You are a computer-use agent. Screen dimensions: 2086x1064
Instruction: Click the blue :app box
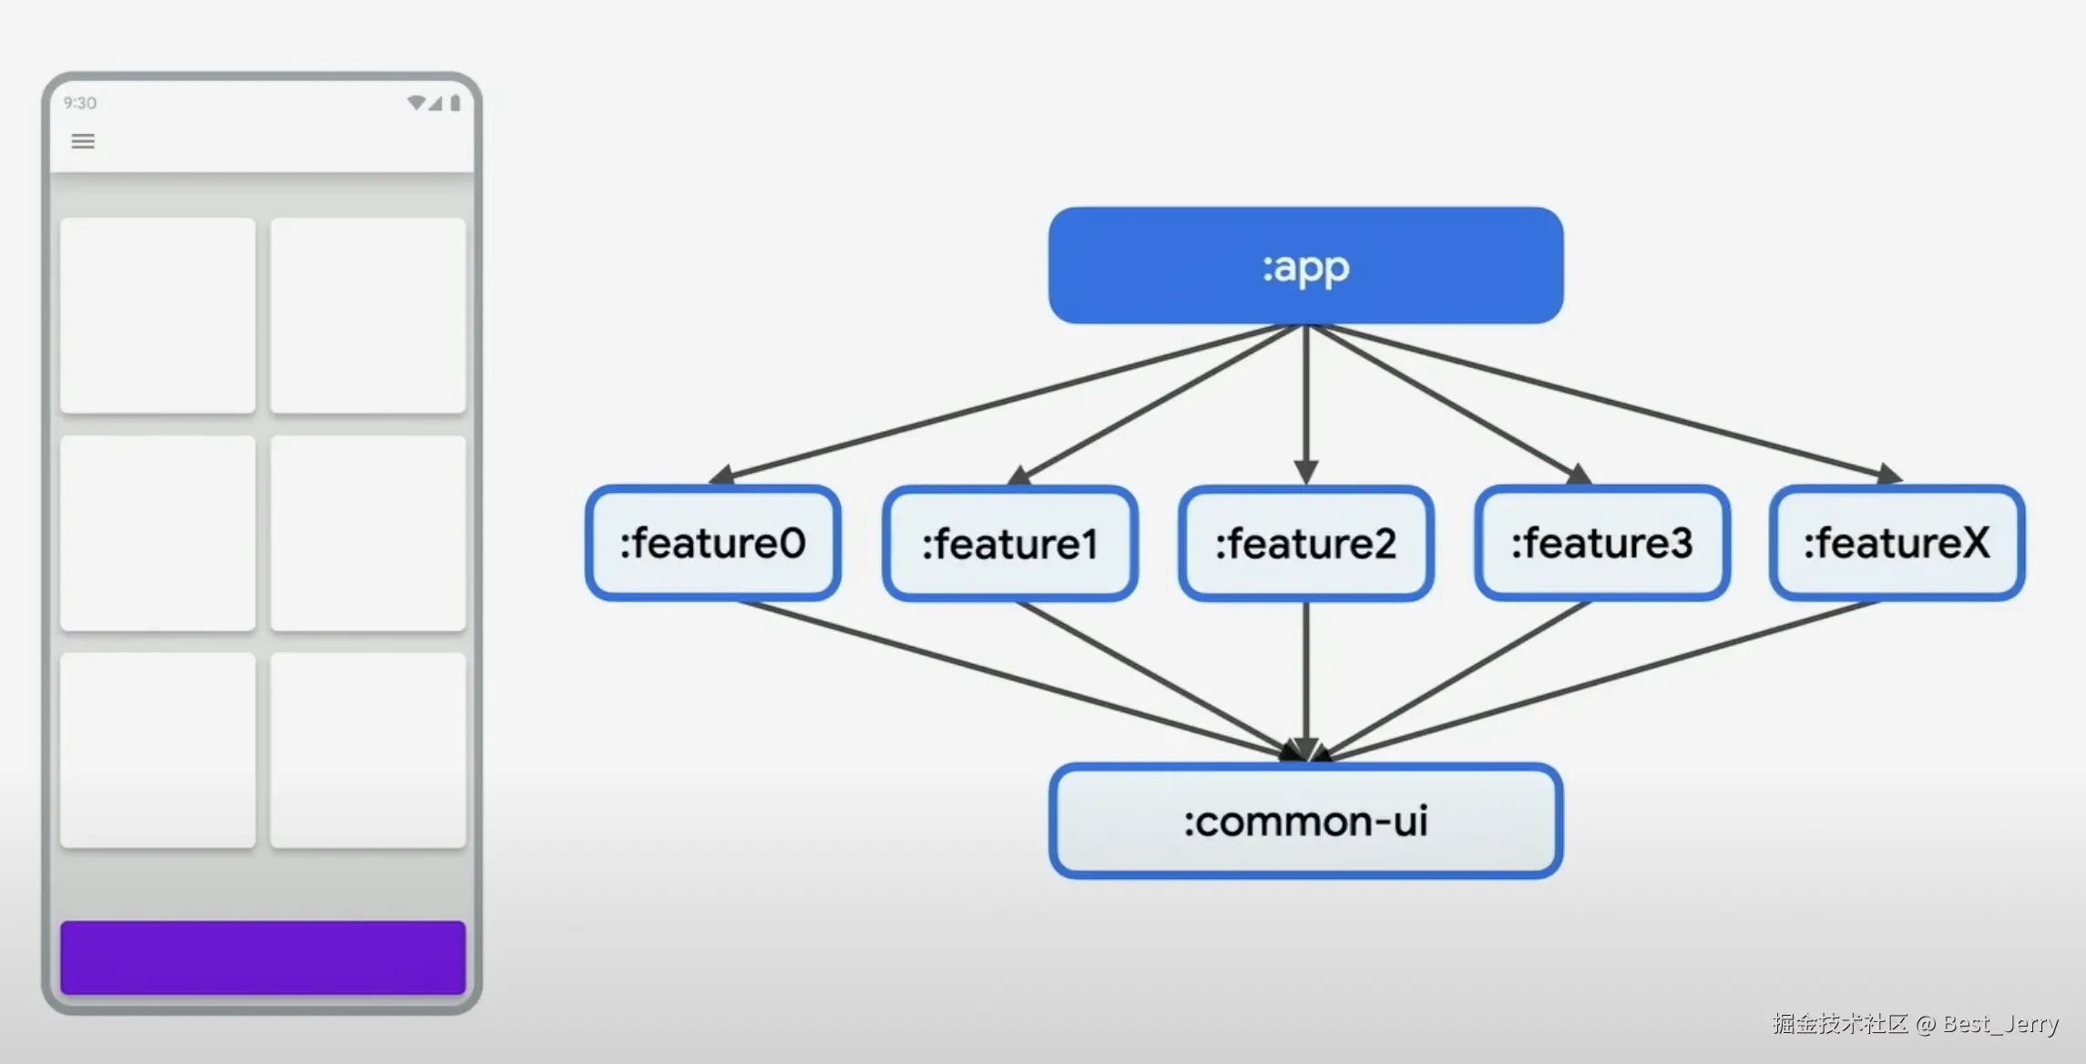click(1305, 265)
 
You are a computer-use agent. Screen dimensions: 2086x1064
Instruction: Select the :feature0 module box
click(713, 543)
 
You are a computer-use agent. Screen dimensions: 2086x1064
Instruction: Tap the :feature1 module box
click(1010, 543)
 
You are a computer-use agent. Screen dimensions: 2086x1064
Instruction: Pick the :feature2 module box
click(1306, 543)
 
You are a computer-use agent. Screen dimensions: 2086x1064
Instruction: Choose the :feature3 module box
click(1602, 543)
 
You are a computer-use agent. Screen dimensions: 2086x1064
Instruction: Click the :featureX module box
click(1897, 543)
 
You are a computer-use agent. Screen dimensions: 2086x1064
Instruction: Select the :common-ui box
click(1305, 821)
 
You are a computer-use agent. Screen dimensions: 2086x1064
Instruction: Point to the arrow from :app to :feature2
click(1306, 404)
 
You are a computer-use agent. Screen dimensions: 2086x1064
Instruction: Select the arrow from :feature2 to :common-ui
click(1306, 681)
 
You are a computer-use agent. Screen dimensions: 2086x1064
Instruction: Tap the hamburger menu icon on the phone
click(83, 141)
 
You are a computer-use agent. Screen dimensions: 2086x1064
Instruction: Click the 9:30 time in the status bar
click(79, 103)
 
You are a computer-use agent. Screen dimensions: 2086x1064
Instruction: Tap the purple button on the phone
click(262, 957)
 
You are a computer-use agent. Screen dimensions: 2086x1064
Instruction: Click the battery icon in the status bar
click(455, 102)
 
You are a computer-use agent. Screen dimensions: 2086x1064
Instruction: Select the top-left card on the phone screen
click(158, 315)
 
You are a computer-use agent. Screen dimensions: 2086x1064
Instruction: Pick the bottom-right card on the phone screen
click(368, 750)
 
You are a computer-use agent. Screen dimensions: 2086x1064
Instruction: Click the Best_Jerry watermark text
click(2000, 1024)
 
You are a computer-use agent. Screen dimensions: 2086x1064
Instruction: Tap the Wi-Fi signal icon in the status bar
click(416, 102)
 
